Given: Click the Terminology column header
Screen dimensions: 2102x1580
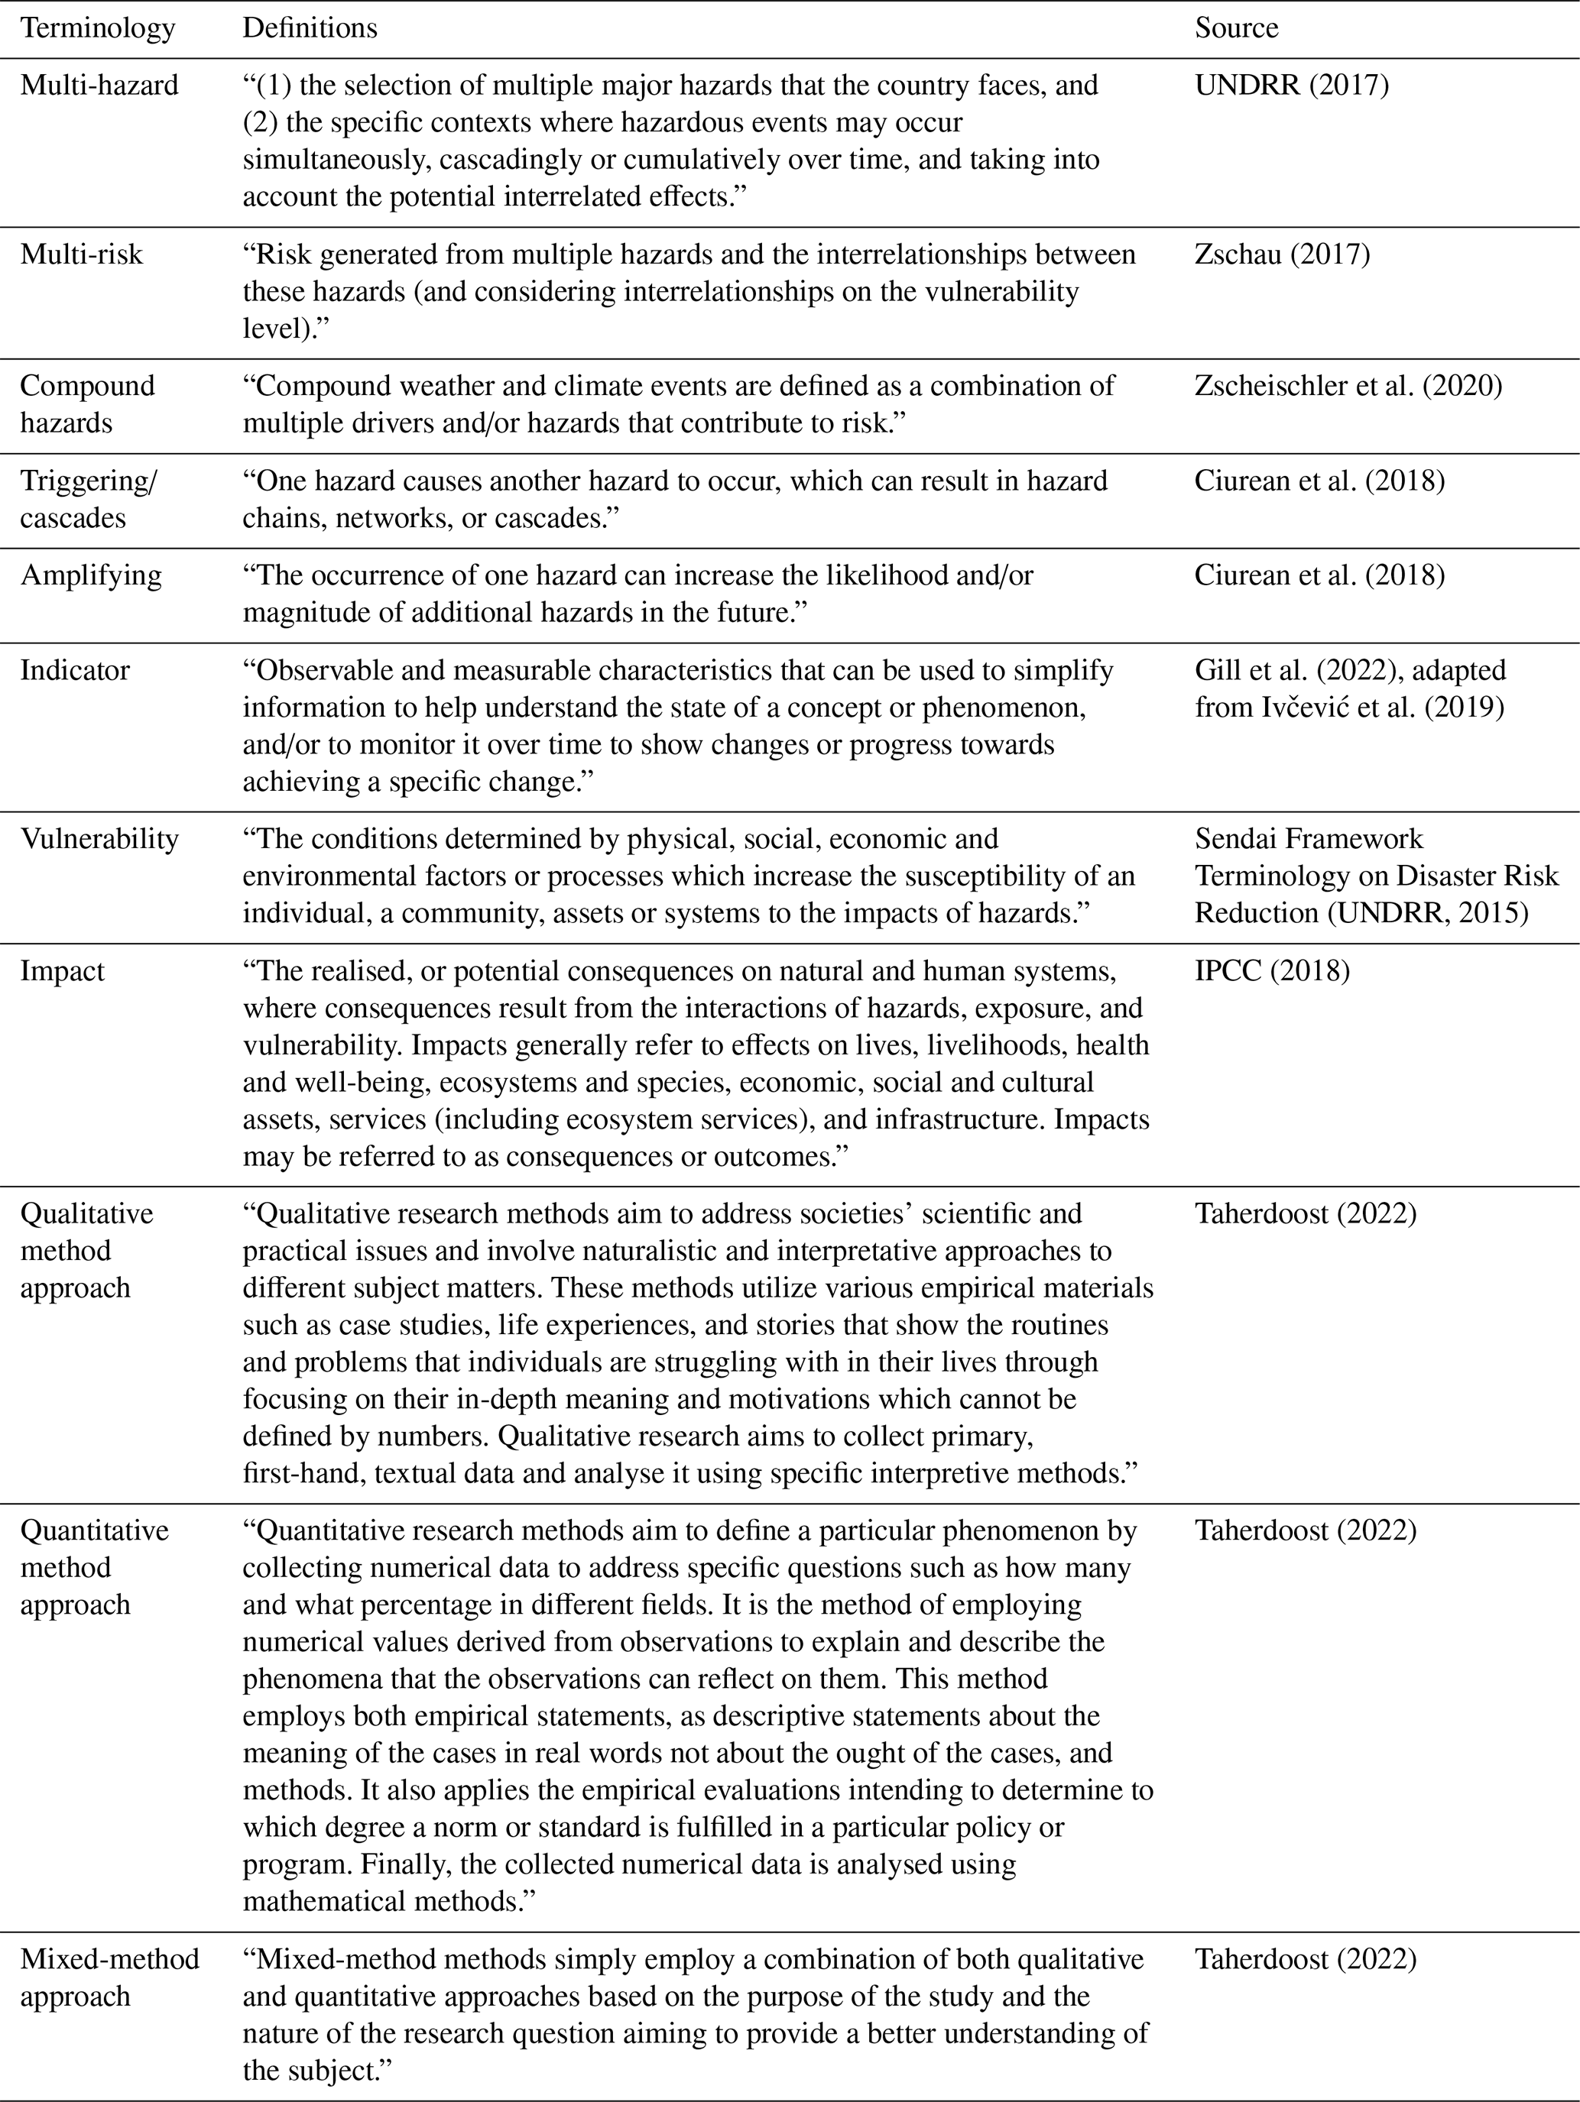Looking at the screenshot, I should pos(98,28).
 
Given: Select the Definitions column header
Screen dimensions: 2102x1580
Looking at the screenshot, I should pos(310,28).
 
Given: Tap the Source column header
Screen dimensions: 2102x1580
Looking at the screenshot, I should pos(1236,28).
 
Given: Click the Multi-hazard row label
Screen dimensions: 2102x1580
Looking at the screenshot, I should pos(99,86).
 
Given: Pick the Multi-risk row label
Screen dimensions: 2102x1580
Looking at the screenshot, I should pos(82,254).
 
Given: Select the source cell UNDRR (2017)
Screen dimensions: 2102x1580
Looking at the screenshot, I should pos(1291,86).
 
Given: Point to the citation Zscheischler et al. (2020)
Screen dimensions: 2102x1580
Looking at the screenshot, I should pos(1348,386).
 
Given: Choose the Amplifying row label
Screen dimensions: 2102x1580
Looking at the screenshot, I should pos(91,576).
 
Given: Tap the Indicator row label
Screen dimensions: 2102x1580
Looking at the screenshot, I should pos(74,671).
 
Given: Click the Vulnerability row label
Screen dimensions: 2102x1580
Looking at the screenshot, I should pos(99,839).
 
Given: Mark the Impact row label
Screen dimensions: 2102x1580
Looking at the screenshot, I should pos(62,971).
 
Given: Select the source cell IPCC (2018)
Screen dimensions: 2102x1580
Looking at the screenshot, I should pos(1272,971).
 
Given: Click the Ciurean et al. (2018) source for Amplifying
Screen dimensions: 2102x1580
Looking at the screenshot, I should pos(1319,576).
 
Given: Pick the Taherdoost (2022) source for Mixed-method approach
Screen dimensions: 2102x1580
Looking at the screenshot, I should pos(1306,1959).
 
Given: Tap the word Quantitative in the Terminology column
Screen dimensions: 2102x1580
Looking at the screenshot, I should pos(94,1531).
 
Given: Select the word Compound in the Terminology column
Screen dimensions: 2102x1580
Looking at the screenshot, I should pos(87,386).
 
